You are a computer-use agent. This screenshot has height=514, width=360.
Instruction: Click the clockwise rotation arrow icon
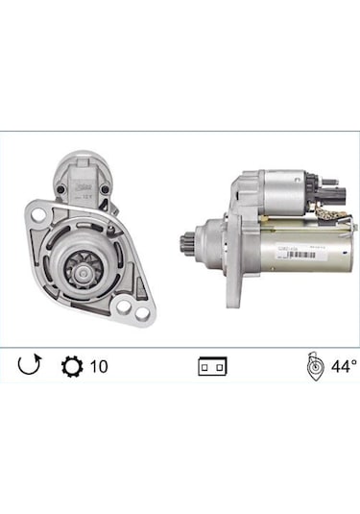[31, 365]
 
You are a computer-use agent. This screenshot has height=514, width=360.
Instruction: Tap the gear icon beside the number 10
[71, 365]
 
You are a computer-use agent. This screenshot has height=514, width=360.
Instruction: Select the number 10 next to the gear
[99, 366]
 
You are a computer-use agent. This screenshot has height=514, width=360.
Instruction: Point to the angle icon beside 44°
[312, 366]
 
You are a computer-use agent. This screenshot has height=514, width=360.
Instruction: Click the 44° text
[343, 366]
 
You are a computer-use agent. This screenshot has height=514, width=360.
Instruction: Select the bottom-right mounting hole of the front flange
[143, 313]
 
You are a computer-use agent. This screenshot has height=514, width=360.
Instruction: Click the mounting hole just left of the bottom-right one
[124, 310]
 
